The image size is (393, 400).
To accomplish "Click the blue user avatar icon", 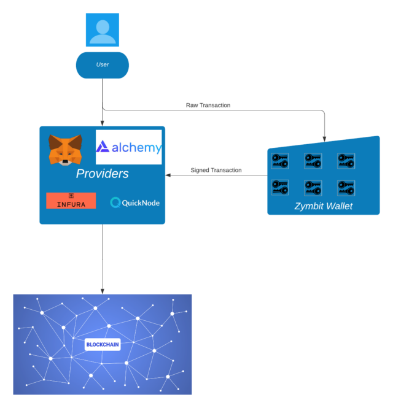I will [102, 29].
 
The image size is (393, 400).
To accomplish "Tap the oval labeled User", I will [102, 65].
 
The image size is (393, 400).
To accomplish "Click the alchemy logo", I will [129, 147].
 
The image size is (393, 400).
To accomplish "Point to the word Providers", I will [102, 174].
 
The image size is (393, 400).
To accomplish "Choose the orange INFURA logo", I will [71, 201].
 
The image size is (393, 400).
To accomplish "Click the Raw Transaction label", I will [208, 106].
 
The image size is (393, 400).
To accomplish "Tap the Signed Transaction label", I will [216, 170].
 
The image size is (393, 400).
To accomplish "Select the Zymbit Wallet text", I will [323, 206].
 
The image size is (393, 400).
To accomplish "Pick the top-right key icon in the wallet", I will [346, 161].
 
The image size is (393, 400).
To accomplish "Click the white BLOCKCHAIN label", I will [102, 345].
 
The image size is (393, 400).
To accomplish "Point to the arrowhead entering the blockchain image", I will [103, 290].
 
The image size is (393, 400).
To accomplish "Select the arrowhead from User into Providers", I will [103, 123].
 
